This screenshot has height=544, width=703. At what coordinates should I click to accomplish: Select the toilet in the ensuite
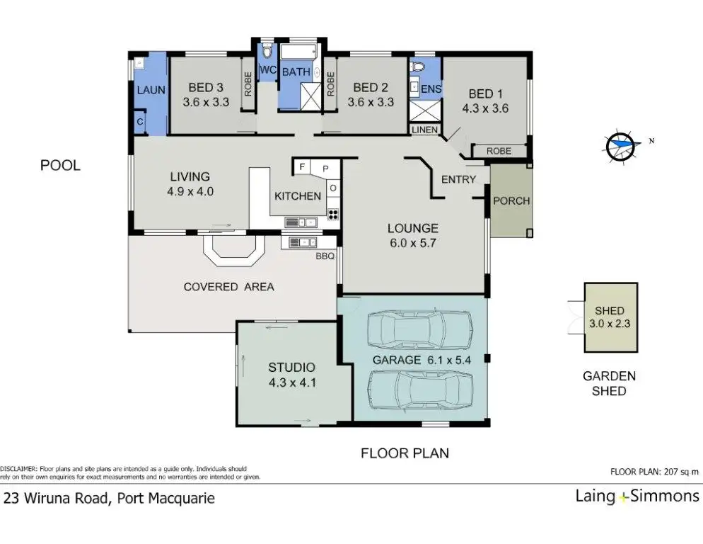point(417,67)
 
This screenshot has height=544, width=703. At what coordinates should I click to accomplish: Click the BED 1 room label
point(486,94)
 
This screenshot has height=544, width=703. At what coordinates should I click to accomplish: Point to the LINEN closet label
point(424,130)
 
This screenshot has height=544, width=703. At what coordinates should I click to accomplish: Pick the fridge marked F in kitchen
point(302,167)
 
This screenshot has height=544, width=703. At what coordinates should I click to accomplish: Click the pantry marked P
point(326,169)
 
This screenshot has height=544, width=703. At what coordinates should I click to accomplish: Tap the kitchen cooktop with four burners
point(332,215)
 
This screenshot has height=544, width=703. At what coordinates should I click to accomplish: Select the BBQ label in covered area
point(325,256)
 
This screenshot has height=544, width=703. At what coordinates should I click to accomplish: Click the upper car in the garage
point(420,329)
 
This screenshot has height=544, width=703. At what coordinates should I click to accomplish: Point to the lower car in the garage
point(420,390)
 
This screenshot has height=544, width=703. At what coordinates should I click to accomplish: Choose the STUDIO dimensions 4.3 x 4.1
point(292,382)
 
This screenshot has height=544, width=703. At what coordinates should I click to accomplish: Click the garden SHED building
point(610,317)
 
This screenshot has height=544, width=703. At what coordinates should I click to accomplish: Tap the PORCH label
point(511,200)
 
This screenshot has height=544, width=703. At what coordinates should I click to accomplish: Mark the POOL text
point(61,165)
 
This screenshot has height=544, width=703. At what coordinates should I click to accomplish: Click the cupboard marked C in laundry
point(140,122)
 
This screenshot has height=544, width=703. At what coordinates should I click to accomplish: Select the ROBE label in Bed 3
point(248,84)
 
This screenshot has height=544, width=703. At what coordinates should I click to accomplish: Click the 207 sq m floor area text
point(680,472)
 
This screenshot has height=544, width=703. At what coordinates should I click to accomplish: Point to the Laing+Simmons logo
point(637,497)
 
